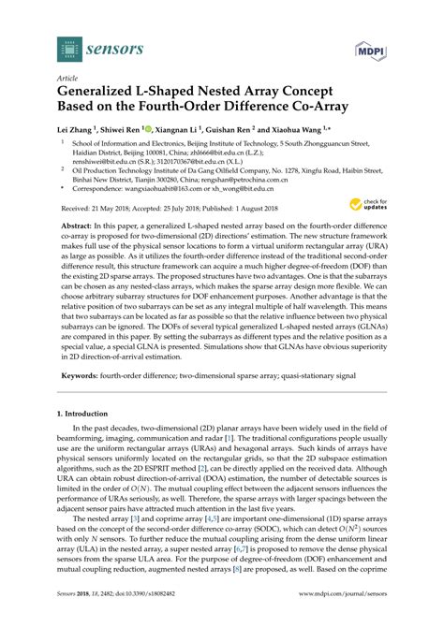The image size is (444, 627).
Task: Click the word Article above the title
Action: pyautogui.click(x=65, y=80)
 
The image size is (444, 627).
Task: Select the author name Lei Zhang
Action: pyautogui.click(x=78, y=130)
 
